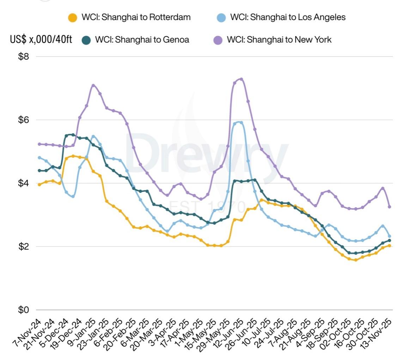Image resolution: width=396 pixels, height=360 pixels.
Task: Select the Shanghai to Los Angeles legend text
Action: coord(288,17)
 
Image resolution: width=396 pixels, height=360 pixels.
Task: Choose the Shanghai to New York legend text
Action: coord(279,39)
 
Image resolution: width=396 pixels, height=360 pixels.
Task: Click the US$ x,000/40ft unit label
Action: coord(41,39)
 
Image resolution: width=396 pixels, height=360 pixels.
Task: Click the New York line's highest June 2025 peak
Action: coord(241,79)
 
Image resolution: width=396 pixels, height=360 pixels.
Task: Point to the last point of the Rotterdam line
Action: coord(389,246)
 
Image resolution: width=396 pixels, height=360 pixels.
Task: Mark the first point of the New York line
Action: coord(39,144)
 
